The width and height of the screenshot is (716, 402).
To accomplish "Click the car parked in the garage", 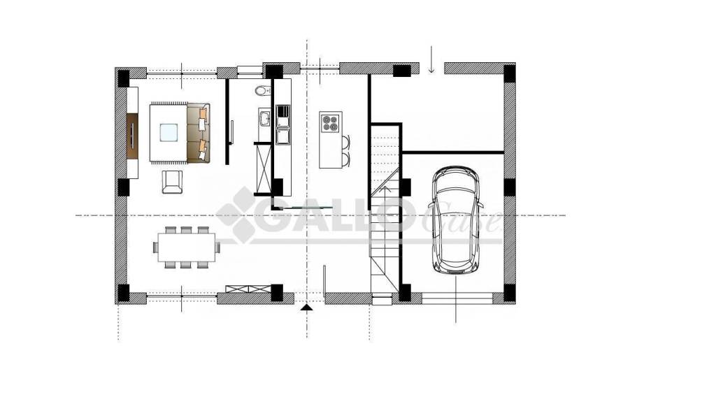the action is (456, 220).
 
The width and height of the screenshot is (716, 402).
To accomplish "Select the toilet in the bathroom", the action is (262, 91).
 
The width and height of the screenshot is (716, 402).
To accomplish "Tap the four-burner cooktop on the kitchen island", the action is (331, 122).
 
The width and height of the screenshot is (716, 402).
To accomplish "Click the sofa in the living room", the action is (199, 133).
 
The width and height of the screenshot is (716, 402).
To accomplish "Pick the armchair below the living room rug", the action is (172, 182).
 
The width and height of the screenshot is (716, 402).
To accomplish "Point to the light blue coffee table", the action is (169, 133).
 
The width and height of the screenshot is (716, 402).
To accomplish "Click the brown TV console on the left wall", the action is (132, 136).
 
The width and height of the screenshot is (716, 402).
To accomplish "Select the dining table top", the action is (186, 247).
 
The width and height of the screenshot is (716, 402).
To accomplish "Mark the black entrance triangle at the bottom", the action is (307, 308).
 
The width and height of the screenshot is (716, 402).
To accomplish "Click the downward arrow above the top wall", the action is (431, 59).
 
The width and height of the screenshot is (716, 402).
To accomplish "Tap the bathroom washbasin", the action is (264, 119).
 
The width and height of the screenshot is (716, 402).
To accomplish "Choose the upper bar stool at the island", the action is (345, 142).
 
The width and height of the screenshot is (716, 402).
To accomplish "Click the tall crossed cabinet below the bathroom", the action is (264, 169).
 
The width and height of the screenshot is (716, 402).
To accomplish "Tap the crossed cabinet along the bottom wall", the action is (249, 288).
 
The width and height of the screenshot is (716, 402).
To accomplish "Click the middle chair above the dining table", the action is (186, 230).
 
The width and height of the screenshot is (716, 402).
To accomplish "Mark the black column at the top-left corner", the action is (123, 78).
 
